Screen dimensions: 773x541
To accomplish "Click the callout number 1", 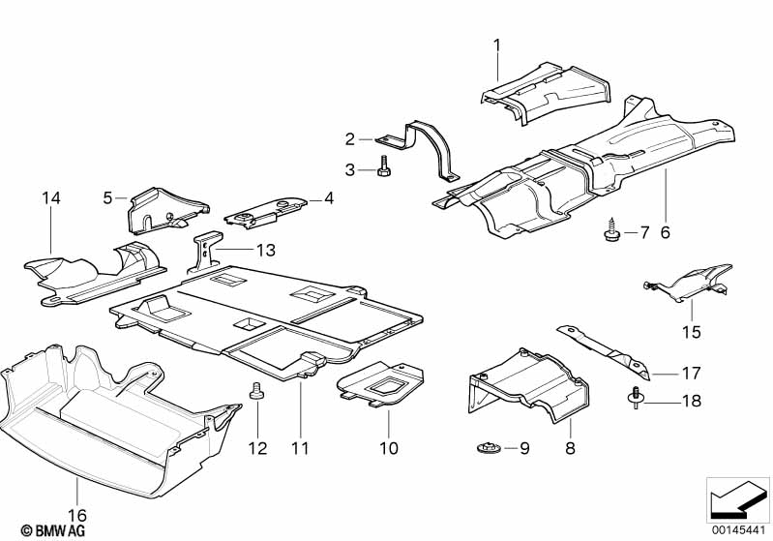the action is [497, 45].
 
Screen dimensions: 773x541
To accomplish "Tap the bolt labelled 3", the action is [384, 165].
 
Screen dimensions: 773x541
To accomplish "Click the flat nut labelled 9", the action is [489, 448].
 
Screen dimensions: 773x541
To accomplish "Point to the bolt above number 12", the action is [256, 390].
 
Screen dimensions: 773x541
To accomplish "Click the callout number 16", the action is [77, 516].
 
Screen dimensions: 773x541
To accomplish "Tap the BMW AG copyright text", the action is [53, 530].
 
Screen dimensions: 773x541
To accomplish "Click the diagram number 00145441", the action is [738, 530].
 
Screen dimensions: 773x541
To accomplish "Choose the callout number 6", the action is [665, 232].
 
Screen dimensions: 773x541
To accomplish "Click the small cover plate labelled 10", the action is [380, 384].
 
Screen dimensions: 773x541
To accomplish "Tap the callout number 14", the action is [50, 198].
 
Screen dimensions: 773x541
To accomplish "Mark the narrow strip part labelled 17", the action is [605, 350].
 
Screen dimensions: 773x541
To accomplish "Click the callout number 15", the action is [691, 331].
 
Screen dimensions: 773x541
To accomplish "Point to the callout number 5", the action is [108, 198].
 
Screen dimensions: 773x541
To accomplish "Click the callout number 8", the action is [570, 448].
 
